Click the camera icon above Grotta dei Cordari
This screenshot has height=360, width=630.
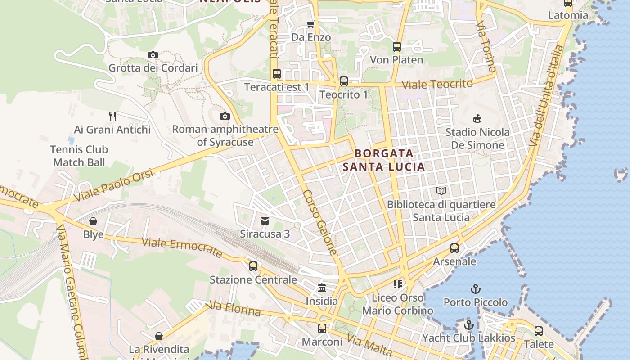(153, 55)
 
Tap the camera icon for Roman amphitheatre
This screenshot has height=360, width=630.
(225, 117)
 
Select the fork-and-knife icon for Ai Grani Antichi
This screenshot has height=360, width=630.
(112, 117)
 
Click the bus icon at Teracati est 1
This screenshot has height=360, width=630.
(277, 74)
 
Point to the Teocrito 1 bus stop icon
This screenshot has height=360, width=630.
(344, 81)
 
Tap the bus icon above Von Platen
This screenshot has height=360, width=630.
(396, 47)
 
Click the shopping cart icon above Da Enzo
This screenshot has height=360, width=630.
(310, 24)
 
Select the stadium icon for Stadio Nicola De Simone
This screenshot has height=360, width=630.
(477, 119)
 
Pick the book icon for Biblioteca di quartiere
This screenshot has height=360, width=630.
(441, 191)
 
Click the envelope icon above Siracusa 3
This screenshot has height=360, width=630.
(265, 221)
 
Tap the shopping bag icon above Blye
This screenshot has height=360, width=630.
(93, 221)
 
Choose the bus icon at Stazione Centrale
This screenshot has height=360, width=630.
(253, 266)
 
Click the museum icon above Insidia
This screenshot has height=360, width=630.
(322, 288)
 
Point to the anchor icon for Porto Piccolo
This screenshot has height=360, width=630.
(475, 289)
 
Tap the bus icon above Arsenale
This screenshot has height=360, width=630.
(454, 248)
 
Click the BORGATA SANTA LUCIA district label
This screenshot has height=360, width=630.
(384, 160)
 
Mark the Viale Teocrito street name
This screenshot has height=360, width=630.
(437, 84)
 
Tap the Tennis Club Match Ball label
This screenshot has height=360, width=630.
(79, 156)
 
